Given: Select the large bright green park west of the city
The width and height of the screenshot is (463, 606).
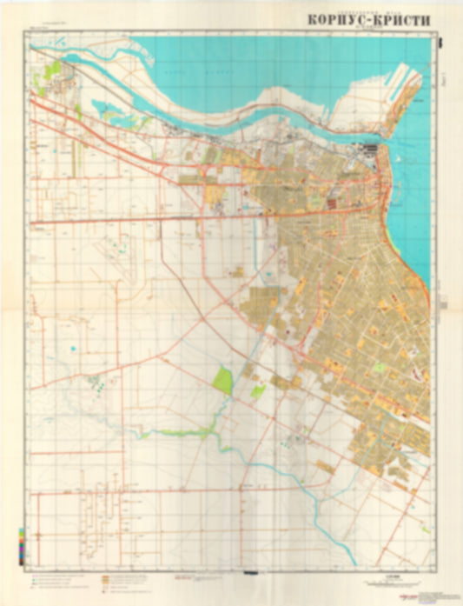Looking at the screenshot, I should (223, 380).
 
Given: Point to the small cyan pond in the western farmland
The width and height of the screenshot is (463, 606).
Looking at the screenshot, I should (73, 350).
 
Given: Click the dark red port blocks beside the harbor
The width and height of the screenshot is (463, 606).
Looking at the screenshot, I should (372, 156).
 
